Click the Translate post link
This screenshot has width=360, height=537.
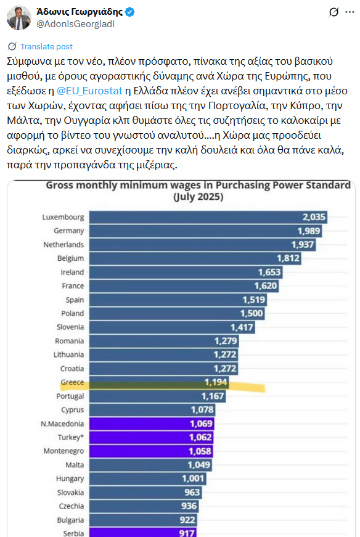tap(46, 46)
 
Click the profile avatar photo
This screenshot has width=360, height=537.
tap(19, 18)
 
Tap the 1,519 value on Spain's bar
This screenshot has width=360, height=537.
tap(253, 300)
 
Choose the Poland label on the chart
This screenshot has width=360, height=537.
tap(73, 313)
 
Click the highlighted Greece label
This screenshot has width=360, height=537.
tap(72, 382)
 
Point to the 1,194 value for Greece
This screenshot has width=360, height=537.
tap(216, 382)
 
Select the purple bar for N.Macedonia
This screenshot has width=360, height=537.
tap(151, 424)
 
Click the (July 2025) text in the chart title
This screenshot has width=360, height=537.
tap(198, 198)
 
